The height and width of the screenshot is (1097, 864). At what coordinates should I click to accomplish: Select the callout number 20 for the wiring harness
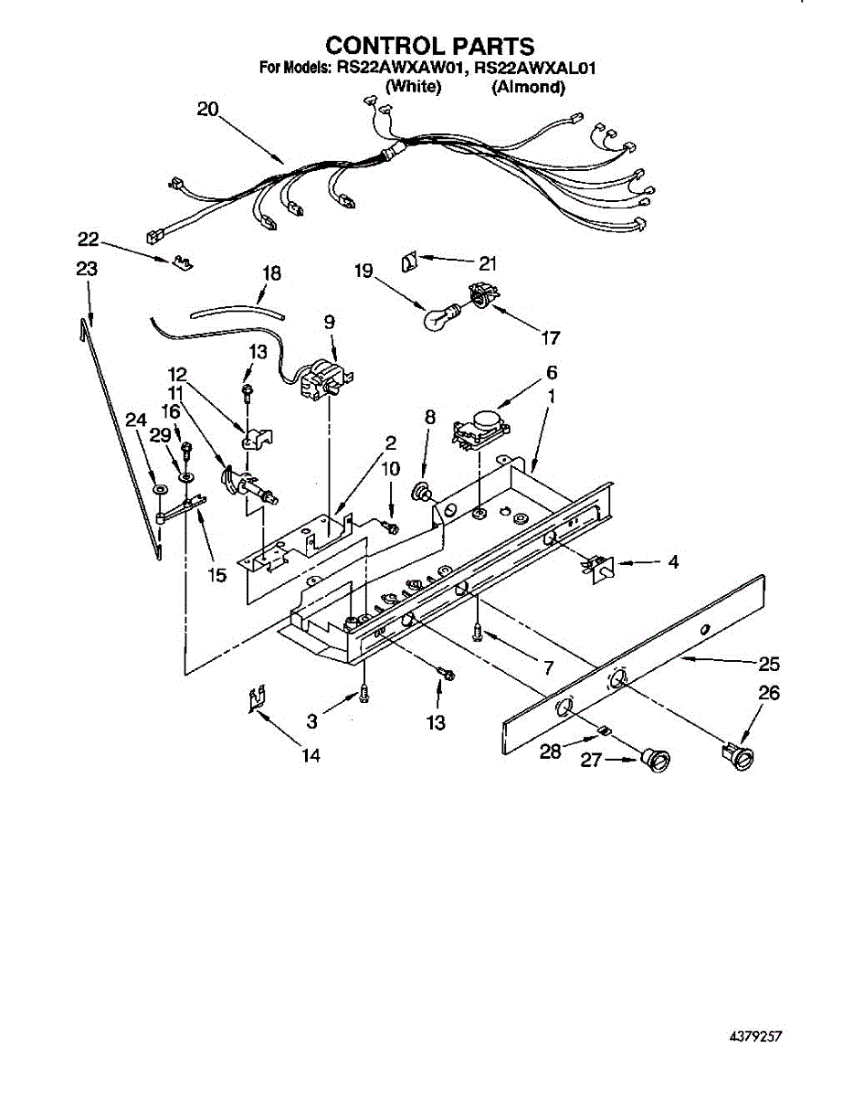(208, 109)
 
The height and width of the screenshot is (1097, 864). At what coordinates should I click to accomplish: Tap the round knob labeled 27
(654, 757)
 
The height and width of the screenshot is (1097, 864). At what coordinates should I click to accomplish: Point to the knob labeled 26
(738, 754)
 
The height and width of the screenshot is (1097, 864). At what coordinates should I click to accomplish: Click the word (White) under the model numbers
(414, 87)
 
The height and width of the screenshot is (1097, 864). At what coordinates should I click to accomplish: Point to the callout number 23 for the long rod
(87, 269)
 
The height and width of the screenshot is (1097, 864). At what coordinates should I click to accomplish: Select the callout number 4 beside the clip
(673, 561)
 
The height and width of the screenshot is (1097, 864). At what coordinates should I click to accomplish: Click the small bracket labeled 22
(183, 263)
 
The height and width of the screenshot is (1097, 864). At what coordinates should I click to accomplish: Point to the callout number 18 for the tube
(272, 272)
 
